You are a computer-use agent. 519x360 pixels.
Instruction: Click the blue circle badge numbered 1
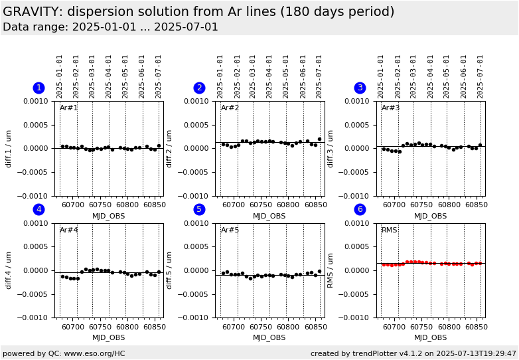coord(38,88)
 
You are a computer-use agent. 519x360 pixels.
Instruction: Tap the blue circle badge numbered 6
coord(360,209)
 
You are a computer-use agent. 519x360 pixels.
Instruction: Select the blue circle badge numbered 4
coord(38,209)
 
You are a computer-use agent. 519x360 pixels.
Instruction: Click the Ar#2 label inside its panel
coord(230,108)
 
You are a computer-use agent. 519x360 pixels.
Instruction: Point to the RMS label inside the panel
coord(389,230)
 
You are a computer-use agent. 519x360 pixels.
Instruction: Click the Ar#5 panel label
coord(230,230)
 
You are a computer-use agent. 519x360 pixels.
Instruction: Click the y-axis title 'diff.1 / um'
coord(9,148)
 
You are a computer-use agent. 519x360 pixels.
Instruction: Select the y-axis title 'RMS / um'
coord(330,270)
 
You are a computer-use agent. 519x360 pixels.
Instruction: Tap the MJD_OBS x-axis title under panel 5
coord(269,337)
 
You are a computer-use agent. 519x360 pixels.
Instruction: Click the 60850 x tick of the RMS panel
coord(476,326)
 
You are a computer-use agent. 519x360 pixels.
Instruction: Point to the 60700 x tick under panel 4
coord(73,326)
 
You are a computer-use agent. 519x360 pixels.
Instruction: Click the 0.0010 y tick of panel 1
coord(38,101)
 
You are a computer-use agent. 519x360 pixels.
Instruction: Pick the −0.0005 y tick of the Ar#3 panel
coord(358,172)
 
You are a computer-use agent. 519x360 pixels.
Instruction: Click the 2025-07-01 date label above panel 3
coord(481,76)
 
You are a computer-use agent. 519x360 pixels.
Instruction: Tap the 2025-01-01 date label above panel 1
coord(60,76)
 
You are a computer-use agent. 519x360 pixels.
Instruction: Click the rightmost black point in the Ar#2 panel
coord(319,139)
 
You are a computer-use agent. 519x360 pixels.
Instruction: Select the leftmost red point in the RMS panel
coord(384,264)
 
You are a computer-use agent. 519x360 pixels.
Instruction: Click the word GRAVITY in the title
coord(33,12)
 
